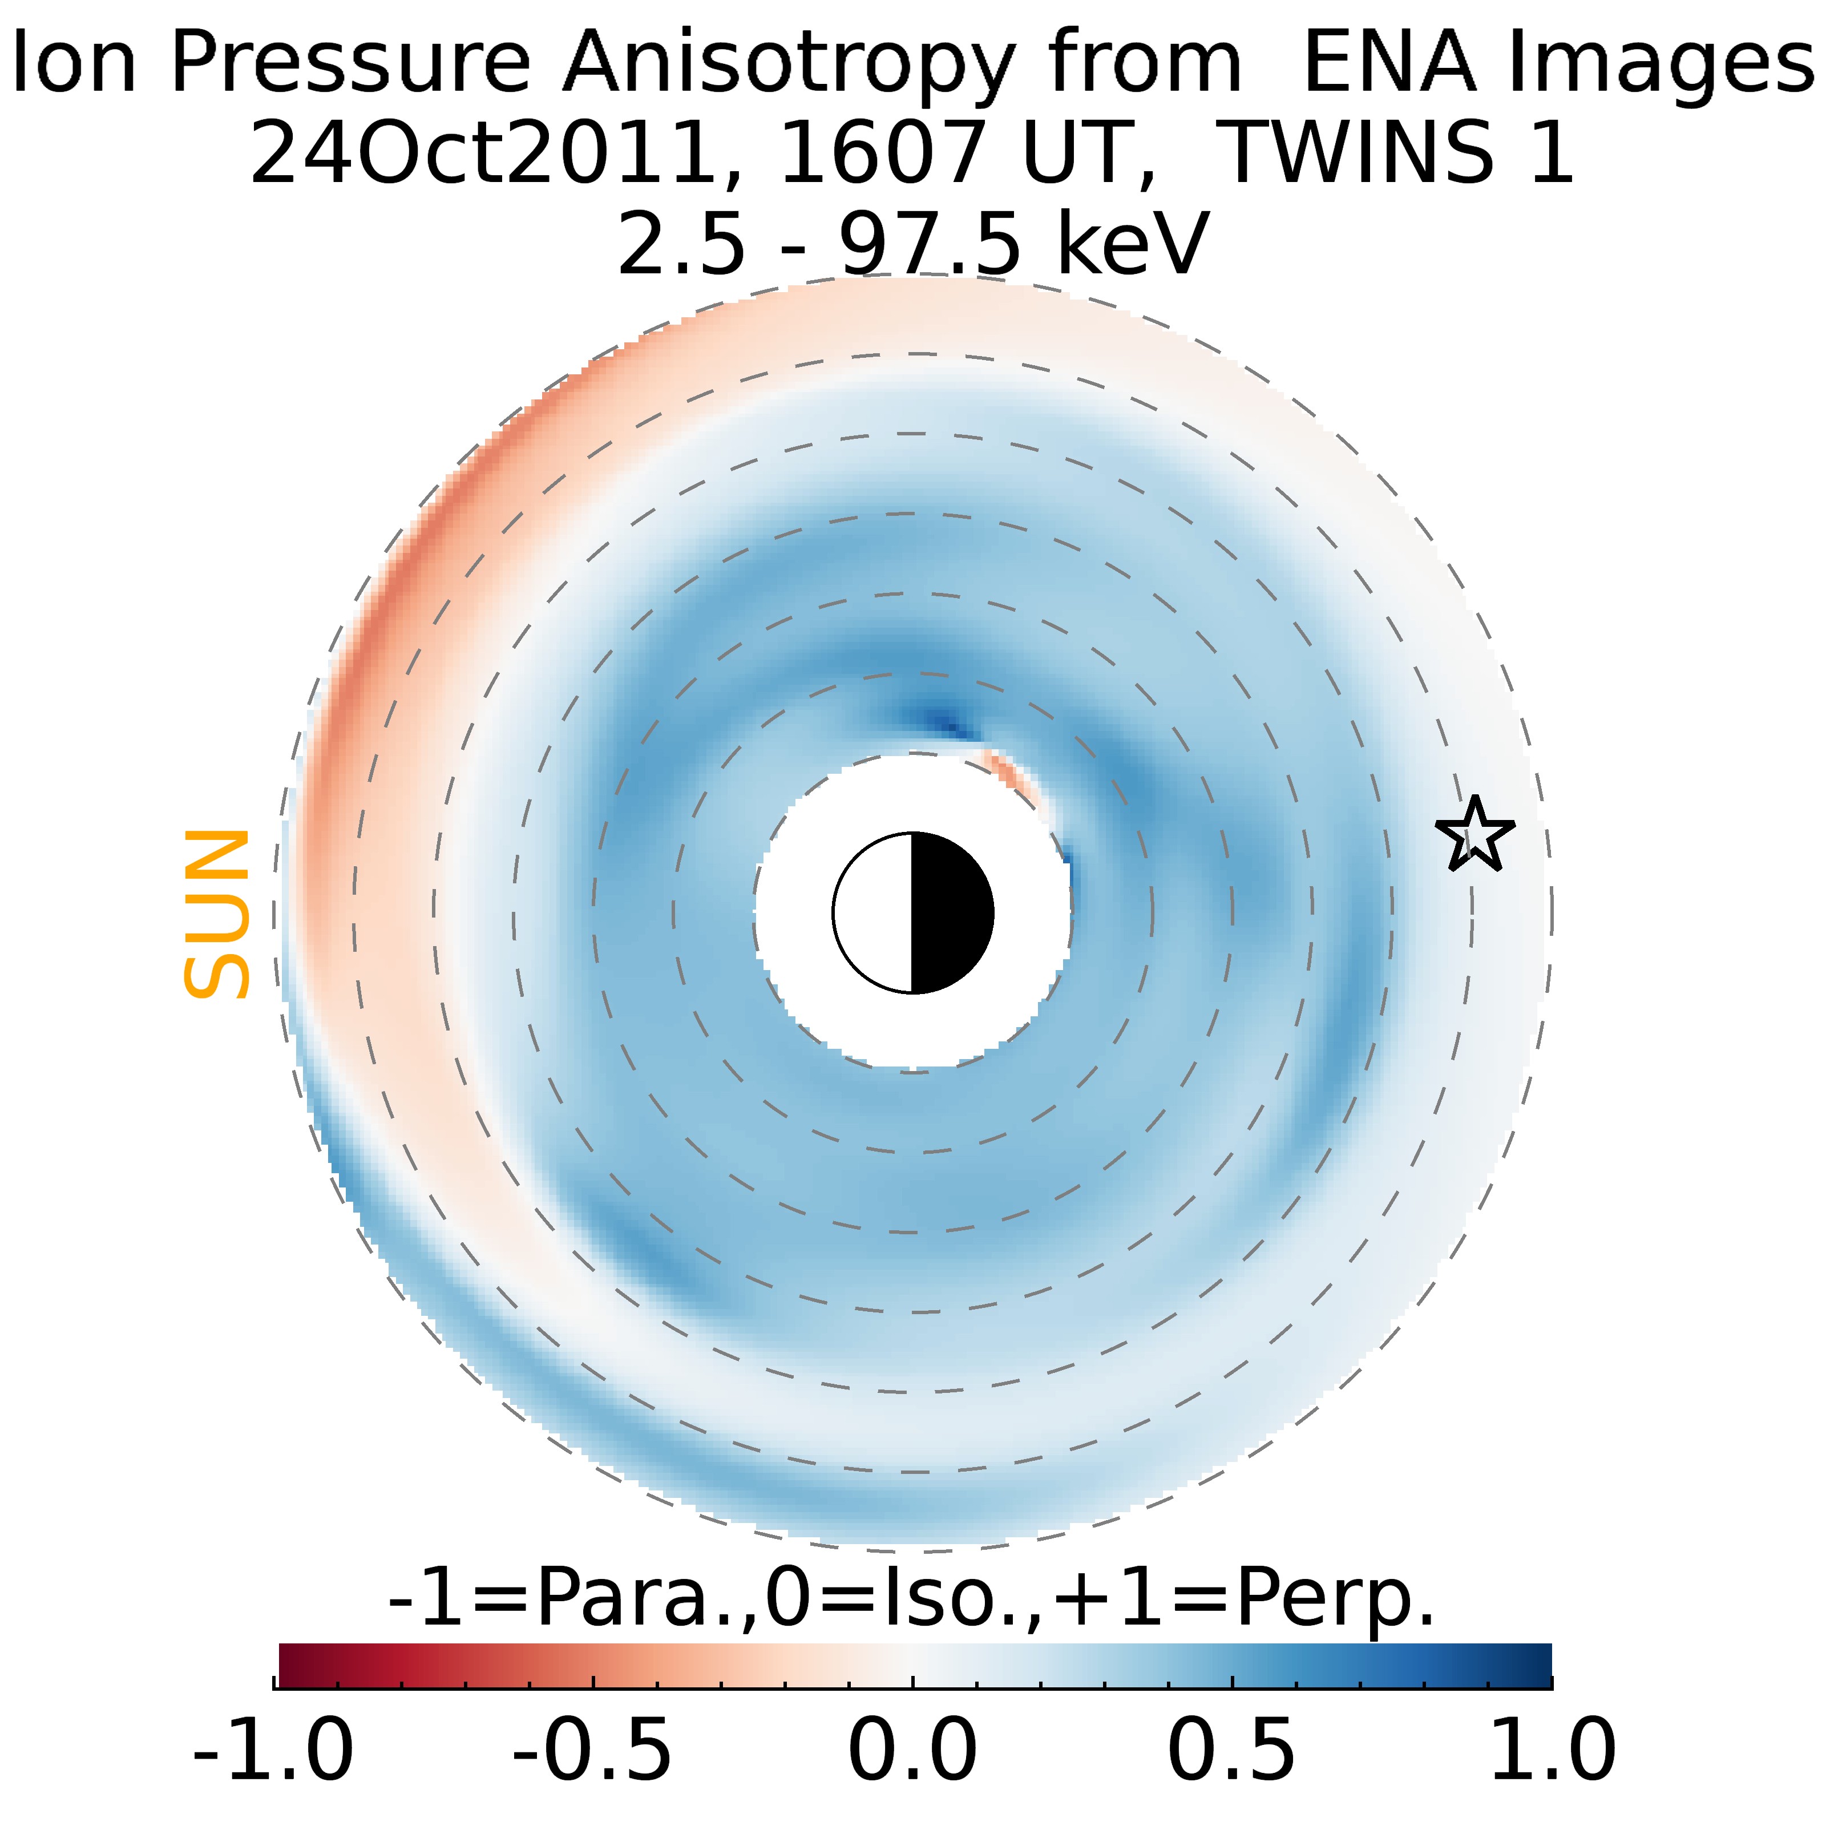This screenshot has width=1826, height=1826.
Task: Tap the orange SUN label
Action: (216, 914)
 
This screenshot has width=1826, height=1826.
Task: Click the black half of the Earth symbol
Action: (951, 913)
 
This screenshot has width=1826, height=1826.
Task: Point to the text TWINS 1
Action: (1399, 153)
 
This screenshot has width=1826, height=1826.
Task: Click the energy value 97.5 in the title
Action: (930, 244)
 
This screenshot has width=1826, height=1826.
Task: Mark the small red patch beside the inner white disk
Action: (1009, 773)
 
